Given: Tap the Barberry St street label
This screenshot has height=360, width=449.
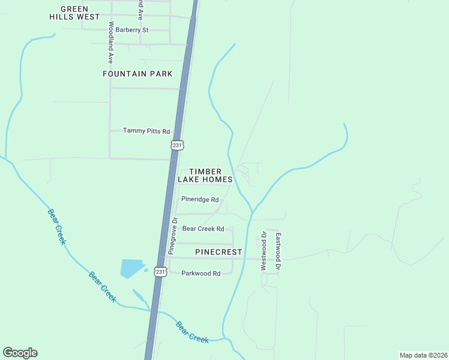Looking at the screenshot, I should (131, 29).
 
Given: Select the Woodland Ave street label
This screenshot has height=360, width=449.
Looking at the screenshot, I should (110, 43).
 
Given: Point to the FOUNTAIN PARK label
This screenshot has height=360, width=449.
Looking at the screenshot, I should (137, 74).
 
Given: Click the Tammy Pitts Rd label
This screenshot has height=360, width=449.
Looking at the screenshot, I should (146, 131).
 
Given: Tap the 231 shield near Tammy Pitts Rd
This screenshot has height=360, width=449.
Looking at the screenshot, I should (176, 145).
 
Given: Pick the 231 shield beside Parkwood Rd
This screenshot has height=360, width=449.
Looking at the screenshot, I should (160, 272).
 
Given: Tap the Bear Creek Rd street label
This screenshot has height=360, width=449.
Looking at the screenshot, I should (203, 229).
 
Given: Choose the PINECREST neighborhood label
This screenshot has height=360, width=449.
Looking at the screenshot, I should (218, 253).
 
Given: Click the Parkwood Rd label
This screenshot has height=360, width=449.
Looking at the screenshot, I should (200, 273).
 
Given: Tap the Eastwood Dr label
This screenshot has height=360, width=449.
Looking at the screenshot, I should (279, 251).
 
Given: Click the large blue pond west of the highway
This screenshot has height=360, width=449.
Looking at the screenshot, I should (131, 268).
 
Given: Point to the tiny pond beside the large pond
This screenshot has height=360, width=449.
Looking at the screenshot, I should (146, 269).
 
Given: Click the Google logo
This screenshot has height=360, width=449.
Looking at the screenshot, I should (20, 353).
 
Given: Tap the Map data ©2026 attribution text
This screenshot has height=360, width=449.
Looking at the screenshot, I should (423, 355).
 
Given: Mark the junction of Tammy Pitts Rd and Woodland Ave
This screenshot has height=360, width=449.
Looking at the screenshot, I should (110, 130).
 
